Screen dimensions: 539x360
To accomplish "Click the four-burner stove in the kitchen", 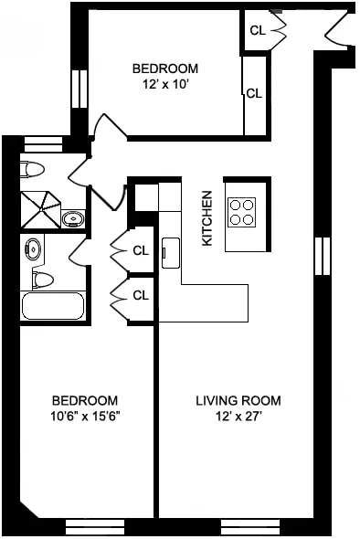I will [242, 212].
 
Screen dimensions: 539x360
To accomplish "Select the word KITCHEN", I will [207, 217].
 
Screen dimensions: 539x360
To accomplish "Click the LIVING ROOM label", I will [238, 400].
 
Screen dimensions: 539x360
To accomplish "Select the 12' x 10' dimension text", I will [164, 85].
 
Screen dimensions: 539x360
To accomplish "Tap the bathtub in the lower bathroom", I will [53, 306].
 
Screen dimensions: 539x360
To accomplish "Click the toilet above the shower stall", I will [34, 169].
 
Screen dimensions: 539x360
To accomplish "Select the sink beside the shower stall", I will [72, 218].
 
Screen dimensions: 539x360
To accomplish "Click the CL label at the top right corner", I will [257, 29].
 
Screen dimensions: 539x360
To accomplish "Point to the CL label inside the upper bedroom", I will [253, 92].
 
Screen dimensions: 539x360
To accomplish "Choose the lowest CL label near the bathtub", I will [140, 294].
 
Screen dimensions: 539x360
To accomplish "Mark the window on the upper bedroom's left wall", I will [75, 90].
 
